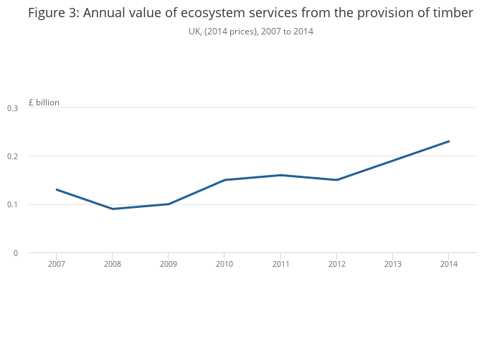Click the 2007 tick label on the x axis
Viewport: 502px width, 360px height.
57,265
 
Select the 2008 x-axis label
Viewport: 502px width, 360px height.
113,265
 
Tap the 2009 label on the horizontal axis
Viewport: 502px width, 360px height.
169,265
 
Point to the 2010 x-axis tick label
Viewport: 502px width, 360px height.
224,265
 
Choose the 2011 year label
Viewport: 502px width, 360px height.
280,265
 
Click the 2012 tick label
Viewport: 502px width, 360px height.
336,265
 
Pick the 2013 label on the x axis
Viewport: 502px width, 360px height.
392,265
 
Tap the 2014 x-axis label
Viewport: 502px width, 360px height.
448,265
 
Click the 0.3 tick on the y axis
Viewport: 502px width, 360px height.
13,108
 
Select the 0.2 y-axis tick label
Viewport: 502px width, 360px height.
13,156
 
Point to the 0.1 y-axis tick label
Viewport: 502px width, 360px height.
13,205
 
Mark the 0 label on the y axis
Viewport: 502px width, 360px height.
15,253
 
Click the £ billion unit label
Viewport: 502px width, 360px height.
44,103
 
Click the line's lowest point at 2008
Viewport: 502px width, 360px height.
113,209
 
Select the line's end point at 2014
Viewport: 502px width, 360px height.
448,141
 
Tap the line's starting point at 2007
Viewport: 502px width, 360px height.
57,189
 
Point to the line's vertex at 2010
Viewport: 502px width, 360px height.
224,180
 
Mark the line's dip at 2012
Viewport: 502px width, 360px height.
336,180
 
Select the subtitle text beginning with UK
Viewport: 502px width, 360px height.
251,32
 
